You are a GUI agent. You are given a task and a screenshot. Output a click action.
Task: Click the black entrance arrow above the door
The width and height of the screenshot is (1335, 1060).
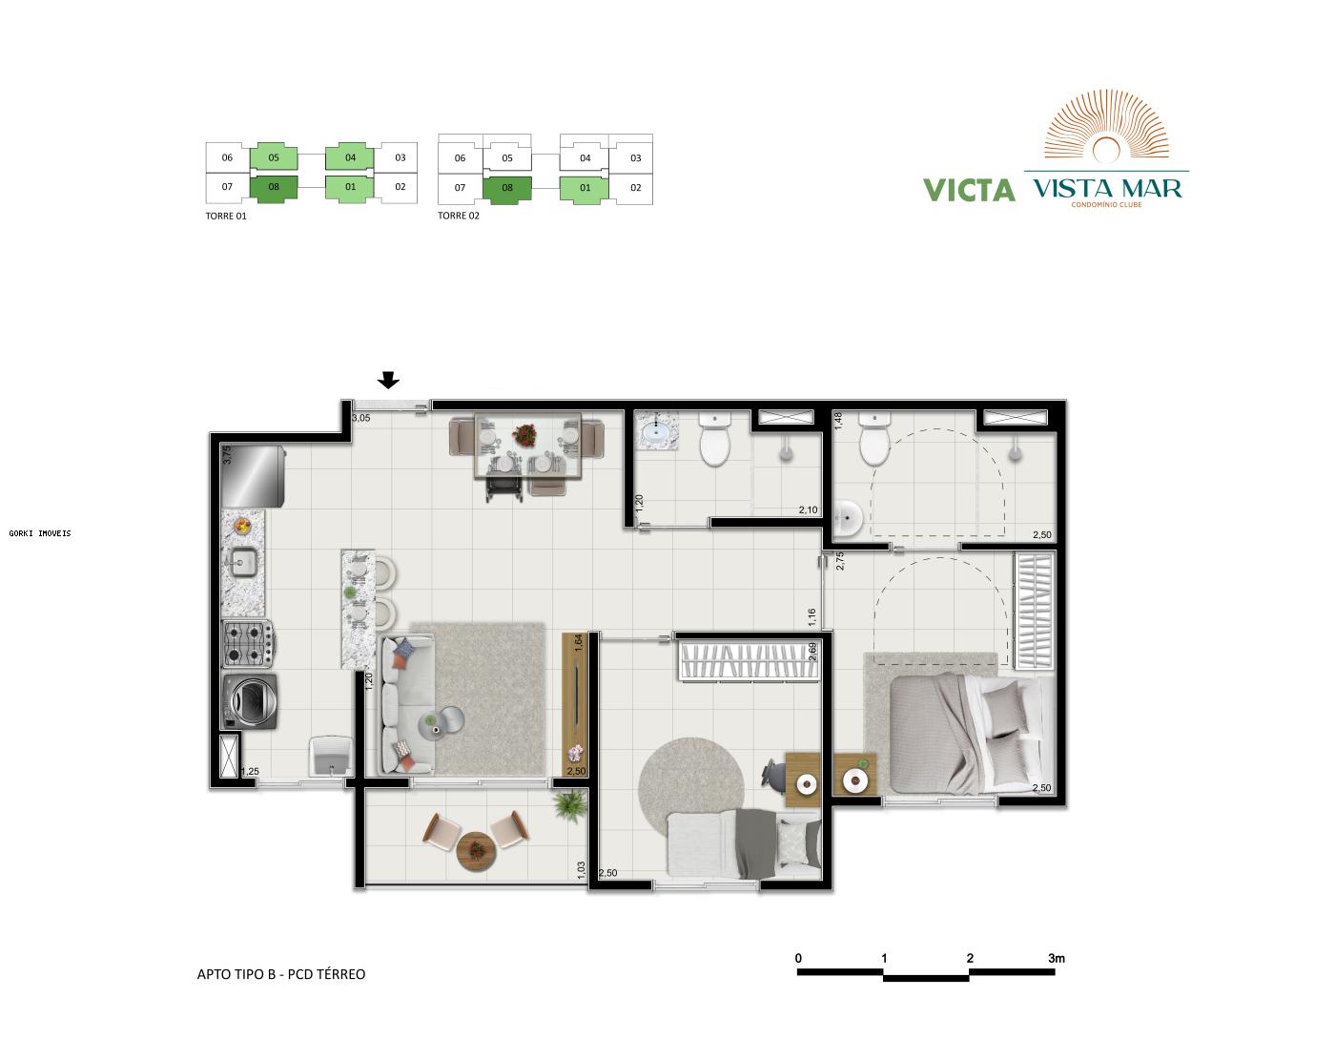[388, 381]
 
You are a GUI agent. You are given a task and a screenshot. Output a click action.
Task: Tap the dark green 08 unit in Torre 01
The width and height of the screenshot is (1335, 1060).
[274, 187]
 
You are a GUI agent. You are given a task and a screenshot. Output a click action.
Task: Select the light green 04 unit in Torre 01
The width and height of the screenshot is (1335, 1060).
[350, 157]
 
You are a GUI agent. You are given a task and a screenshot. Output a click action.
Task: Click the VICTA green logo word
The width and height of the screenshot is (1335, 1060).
[969, 190]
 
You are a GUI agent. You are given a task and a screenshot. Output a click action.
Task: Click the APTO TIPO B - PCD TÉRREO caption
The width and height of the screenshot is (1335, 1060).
[281, 974]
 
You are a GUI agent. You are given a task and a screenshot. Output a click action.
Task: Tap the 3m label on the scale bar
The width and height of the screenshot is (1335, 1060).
[1056, 958]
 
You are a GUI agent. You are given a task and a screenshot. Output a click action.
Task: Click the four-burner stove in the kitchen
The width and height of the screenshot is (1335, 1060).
[248, 644]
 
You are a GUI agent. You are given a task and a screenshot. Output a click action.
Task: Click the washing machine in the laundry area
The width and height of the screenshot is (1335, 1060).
[250, 702]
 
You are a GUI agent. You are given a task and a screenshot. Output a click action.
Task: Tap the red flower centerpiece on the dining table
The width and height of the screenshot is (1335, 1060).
[524, 435]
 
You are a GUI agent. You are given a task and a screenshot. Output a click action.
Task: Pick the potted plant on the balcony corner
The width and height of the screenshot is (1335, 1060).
[570, 806]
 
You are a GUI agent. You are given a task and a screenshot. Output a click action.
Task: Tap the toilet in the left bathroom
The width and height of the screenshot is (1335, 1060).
[714, 440]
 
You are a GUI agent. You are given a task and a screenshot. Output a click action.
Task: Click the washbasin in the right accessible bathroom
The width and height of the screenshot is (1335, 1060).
[847, 518]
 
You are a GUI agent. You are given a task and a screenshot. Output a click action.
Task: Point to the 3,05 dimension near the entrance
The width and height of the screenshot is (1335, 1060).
[361, 418]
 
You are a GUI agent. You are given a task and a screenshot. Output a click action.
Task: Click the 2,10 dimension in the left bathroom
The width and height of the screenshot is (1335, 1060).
[808, 510]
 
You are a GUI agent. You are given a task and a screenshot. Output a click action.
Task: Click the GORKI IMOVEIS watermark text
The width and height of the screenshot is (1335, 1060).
[40, 533]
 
